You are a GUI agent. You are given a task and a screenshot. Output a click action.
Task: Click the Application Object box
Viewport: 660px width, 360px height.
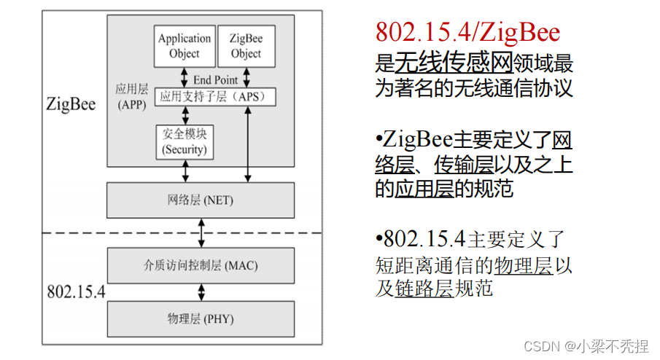(x=185, y=46)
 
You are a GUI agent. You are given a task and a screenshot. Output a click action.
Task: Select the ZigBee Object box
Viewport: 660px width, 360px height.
(x=246, y=46)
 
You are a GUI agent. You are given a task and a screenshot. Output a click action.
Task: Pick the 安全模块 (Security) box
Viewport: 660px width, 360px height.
(x=185, y=141)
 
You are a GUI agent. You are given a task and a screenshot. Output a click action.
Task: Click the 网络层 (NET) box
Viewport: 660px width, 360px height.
(x=201, y=200)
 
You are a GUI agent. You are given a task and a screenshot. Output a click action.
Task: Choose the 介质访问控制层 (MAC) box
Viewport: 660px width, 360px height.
(x=201, y=265)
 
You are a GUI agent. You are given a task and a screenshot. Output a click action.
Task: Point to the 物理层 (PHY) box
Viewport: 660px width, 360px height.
(x=201, y=318)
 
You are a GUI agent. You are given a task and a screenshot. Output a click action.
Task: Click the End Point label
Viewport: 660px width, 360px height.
(x=216, y=79)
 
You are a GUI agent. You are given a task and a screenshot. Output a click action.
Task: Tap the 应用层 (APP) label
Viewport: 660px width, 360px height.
(x=132, y=96)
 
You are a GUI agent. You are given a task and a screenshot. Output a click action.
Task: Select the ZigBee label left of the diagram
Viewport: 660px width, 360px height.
(x=71, y=103)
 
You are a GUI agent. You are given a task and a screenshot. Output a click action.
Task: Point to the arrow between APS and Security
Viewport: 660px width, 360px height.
(x=186, y=114)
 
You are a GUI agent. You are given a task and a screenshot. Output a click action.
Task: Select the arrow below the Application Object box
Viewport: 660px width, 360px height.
(x=185, y=77)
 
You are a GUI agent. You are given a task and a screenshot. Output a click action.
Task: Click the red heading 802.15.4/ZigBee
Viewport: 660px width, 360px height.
(x=467, y=32)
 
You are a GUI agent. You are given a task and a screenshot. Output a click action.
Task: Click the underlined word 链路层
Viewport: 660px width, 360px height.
(x=424, y=288)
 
